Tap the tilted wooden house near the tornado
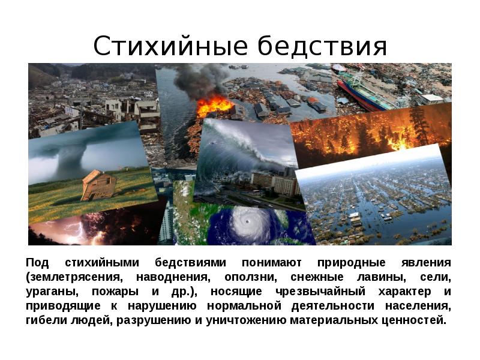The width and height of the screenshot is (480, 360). (99, 185)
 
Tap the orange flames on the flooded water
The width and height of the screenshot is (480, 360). (214, 106)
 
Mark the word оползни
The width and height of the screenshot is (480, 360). (250, 278)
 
